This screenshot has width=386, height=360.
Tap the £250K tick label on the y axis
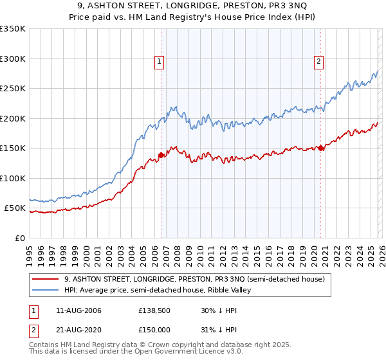click(x=12, y=89)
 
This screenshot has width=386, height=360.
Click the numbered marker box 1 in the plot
click(x=159, y=62)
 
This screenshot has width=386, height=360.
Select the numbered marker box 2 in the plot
click(x=318, y=62)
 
